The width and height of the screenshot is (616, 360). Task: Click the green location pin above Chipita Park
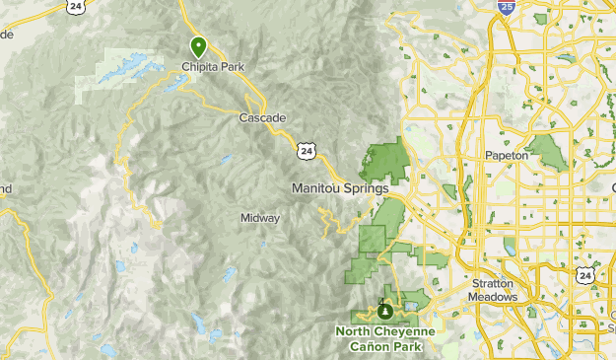pyautogui.click(x=198, y=44)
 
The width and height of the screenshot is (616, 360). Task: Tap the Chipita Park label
pyautogui.click(x=212, y=67)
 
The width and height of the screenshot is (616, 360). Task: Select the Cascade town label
pyautogui.click(x=262, y=117)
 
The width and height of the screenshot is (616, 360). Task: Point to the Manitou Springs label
pyautogui.click(x=340, y=186)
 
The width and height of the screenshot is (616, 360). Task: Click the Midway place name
pyautogui.click(x=260, y=218)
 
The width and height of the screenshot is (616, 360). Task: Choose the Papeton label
pyautogui.click(x=508, y=156)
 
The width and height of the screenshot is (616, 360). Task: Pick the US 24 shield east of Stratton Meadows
pyautogui.click(x=585, y=276)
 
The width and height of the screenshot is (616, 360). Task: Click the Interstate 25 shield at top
pyautogui.click(x=505, y=8)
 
